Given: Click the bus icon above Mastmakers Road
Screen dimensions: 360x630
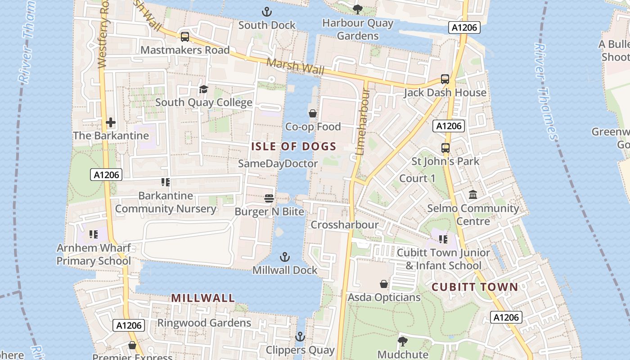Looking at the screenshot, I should pyautogui.click(x=184, y=37).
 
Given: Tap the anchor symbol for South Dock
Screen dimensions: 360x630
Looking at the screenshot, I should pyautogui.click(x=267, y=12).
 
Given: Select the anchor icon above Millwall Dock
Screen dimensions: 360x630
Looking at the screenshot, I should pyautogui.click(x=284, y=257).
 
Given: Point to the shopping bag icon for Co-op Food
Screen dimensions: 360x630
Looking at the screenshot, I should pyautogui.click(x=312, y=113).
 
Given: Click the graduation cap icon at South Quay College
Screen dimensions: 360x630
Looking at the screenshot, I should pyautogui.click(x=203, y=89).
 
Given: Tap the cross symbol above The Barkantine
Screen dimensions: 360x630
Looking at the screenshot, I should pyautogui.click(x=110, y=122).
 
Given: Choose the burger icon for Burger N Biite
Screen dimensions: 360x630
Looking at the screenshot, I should pyautogui.click(x=269, y=198).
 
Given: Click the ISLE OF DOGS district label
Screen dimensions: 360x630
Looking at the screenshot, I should pyautogui.click(x=293, y=146).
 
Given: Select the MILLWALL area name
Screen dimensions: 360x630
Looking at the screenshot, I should pyautogui.click(x=203, y=298).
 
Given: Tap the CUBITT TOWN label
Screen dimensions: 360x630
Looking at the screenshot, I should pyautogui.click(x=475, y=287).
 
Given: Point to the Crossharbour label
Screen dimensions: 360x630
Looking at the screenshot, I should pyautogui.click(x=345, y=225).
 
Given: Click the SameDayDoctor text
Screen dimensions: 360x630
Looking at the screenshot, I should pyautogui.click(x=278, y=163).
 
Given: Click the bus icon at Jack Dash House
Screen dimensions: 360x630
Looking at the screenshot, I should pyautogui.click(x=445, y=79).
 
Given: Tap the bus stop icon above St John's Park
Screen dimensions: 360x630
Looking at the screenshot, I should pyautogui.click(x=445, y=148).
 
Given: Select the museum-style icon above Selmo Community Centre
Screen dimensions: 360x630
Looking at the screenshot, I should pyautogui.click(x=473, y=195).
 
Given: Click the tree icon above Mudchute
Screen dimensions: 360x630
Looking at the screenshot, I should pyautogui.click(x=402, y=341).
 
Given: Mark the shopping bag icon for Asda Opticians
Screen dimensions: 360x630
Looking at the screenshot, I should pyautogui.click(x=384, y=284).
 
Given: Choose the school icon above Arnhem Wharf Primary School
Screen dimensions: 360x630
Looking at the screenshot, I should pyautogui.click(x=94, y=234).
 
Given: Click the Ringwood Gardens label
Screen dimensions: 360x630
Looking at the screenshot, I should pyautogui.click(x=204, y=323).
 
